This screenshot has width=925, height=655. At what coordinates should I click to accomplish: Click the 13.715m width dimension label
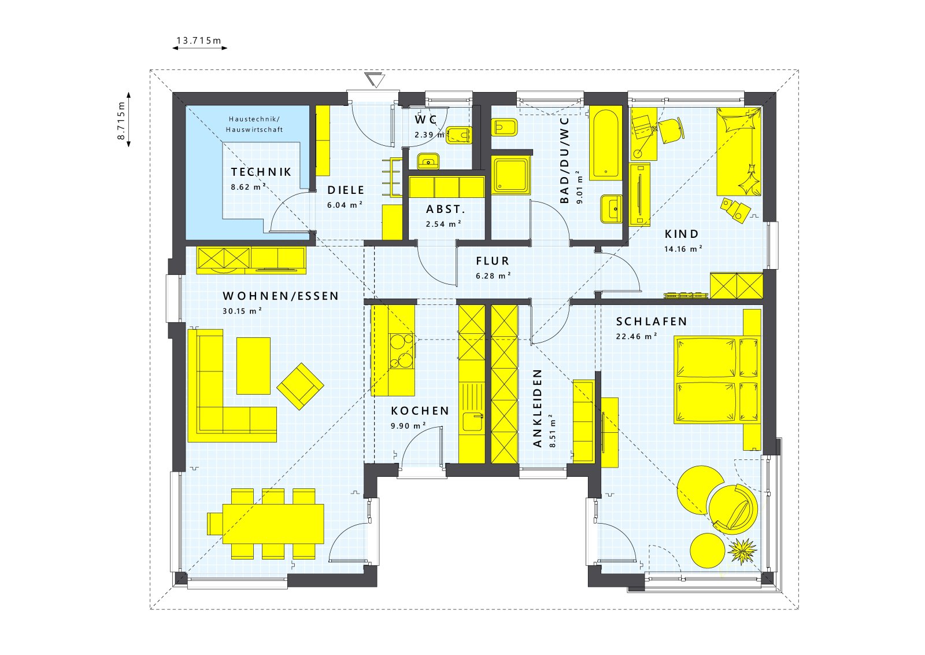coord(199,41)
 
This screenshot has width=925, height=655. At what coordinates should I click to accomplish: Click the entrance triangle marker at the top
coord(375,80)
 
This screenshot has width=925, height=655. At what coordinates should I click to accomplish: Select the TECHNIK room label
coord(261,172)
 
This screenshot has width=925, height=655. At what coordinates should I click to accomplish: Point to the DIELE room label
coord(346,190)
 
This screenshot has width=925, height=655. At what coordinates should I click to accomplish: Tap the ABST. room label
coord(445,209)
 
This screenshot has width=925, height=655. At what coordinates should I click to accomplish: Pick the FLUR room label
coord(493,261)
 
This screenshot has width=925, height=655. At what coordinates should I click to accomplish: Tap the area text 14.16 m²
coord(683,249)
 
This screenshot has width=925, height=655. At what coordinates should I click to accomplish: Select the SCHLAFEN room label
coord(652,321)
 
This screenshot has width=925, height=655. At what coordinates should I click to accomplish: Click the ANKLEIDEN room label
coord(538,408)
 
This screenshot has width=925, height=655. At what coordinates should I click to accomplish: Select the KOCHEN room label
coord(420,411)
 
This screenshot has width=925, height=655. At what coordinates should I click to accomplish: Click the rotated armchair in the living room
coord(300,386)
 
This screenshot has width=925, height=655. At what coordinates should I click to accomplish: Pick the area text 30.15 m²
coord(242,311)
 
